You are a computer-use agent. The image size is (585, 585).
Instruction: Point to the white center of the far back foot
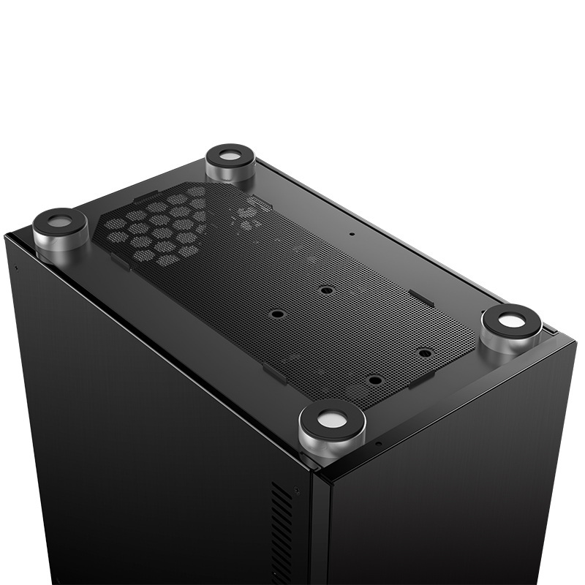(230, 156)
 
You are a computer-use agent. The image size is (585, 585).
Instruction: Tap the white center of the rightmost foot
(512, 320)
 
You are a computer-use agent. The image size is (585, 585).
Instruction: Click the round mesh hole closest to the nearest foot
(374, 380)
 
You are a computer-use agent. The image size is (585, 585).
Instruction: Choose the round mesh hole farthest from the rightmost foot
(277, 314)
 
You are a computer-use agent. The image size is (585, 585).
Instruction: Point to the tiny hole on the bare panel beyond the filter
(352, 235)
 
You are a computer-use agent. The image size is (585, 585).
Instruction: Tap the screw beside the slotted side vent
(296, 491)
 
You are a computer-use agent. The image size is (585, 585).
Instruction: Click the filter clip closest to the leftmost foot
(121, 260)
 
